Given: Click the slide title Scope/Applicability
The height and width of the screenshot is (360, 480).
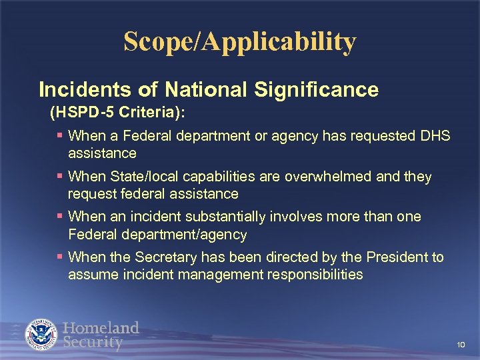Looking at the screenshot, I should point(240,42).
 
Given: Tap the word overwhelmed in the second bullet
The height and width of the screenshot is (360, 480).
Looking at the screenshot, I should point(324,177).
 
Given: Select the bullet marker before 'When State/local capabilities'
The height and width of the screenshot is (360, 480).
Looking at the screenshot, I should point(60,177).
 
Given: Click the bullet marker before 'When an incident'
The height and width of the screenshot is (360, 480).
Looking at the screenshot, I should point(60,217).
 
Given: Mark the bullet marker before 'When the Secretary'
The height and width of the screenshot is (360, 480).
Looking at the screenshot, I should point(60,257).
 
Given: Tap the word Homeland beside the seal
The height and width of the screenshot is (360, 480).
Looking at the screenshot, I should point(101,328).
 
